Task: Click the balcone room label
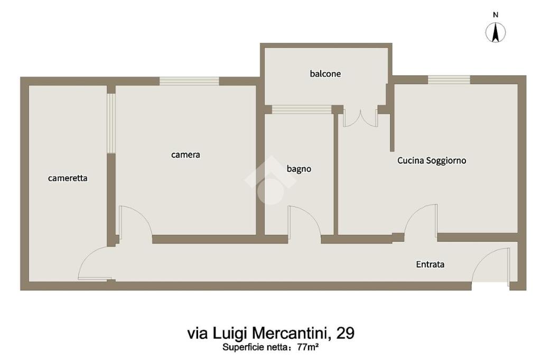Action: (325, 73)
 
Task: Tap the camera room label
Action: (185, 155)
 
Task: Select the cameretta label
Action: (68, 178)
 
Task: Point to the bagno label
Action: (299, 169)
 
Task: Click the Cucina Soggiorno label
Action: (432, 160)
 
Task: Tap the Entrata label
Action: (430, 264)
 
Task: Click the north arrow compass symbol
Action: (496, 33)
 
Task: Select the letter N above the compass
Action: (496, 15)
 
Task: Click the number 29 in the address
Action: (345, 333)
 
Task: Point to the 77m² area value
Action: (308, 347)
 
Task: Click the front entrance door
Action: (491, 266)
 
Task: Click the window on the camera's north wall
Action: (189, 81)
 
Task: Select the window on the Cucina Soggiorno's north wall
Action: (449, 80)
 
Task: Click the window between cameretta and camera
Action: (111, 123)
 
